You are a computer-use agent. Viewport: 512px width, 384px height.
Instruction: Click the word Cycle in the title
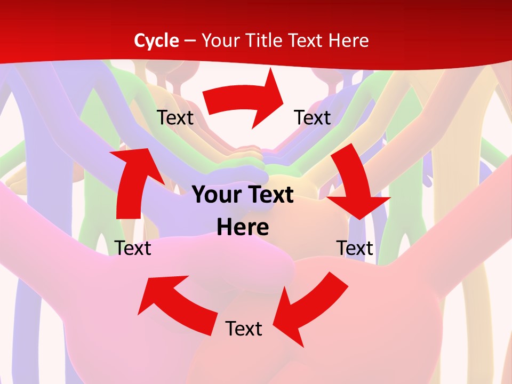[156, 41]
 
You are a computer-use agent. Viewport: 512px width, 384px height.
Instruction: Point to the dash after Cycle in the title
[190, 41]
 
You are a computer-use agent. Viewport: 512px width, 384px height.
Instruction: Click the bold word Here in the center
[243, 227]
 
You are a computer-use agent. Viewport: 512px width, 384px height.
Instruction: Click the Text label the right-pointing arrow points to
[313, 117]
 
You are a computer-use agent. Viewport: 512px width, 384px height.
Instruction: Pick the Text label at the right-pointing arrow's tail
[175, 117]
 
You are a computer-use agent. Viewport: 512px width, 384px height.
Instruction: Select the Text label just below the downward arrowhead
[355, 248]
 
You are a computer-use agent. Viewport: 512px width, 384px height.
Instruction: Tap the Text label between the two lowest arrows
[244, 329]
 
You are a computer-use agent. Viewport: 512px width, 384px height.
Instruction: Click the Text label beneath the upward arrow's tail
[133, 248]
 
